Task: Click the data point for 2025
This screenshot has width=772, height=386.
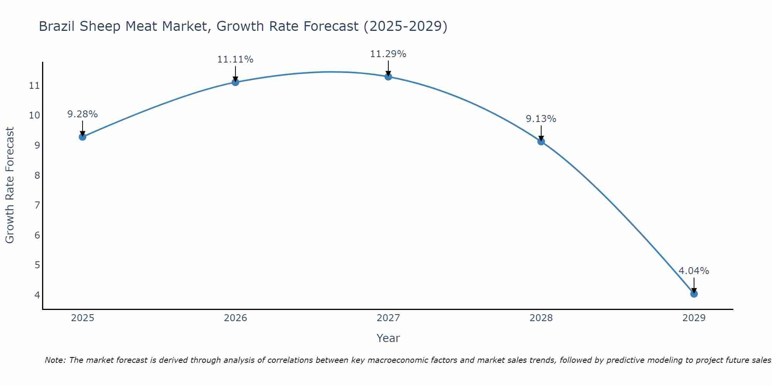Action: [82, 137]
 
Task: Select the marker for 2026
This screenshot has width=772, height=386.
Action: [235, 82]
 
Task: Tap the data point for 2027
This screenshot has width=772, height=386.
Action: [388, 76]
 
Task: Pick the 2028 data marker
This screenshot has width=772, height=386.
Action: [541, 142]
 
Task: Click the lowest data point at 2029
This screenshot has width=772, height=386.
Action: [694, 294]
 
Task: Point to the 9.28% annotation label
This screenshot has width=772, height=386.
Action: [82, 114]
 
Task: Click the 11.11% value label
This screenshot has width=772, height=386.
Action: [235, 59]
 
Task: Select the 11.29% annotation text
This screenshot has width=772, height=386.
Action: [388, 54]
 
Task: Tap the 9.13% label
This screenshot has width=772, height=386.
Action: [541, 119]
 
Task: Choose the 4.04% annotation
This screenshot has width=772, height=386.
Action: [694, 271]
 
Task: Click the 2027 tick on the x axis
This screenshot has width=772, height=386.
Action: [388, 318]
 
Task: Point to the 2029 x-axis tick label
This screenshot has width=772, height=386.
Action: [694, 318]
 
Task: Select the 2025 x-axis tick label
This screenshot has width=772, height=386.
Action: [82, 318]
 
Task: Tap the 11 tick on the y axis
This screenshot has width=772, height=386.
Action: [34, 85]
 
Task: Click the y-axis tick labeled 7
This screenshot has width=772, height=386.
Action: [37, 205]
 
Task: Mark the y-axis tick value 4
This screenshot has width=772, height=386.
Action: [37, 295]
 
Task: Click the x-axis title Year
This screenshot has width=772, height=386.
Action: [388, 338]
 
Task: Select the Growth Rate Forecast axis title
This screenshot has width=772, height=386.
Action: [10, 185]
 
